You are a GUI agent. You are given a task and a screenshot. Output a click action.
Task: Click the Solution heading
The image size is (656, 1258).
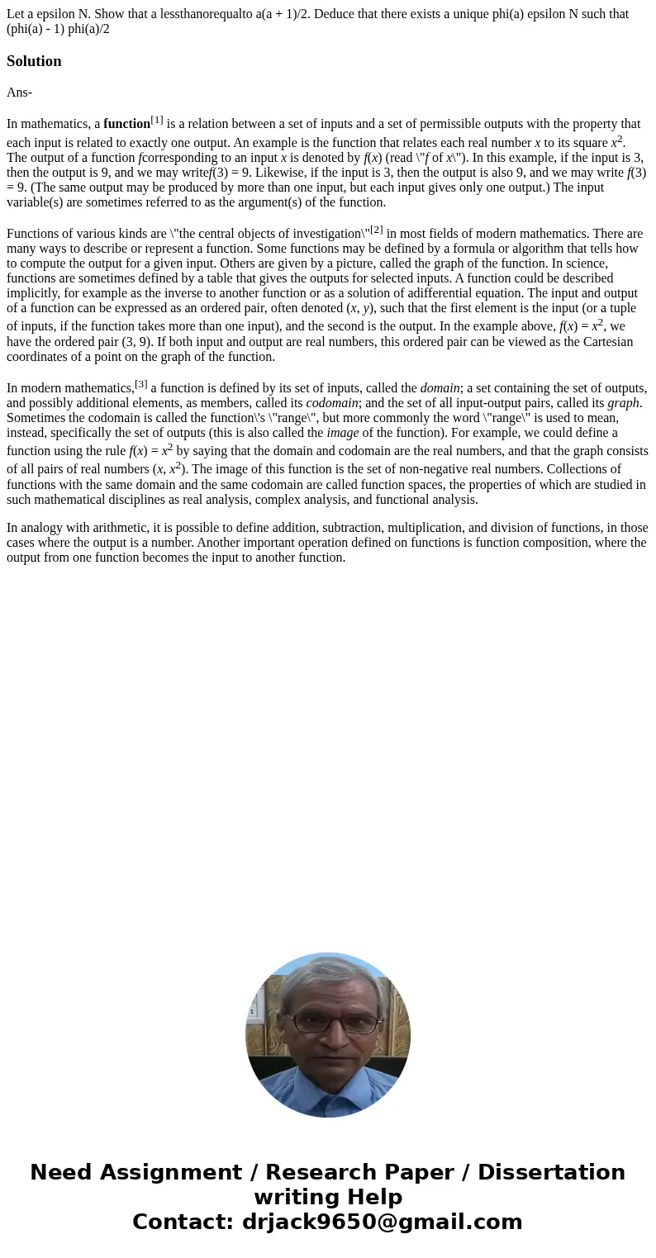tap(34, 61)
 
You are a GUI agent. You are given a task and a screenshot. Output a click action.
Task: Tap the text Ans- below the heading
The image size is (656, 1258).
tap(19, 93)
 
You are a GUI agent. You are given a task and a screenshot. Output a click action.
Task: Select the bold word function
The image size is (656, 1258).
tap(126, 124)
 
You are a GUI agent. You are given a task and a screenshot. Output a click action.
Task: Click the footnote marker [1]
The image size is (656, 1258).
tap(157, 120)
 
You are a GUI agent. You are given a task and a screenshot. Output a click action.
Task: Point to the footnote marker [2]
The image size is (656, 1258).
tap(377, 229)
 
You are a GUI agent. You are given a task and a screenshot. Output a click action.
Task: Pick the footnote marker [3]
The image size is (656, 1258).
tap(141, 383)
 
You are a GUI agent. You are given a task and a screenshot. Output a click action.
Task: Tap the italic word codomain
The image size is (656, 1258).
tap(332, 403)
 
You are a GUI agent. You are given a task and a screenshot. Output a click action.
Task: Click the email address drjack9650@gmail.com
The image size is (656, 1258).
tap(382, 1222)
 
